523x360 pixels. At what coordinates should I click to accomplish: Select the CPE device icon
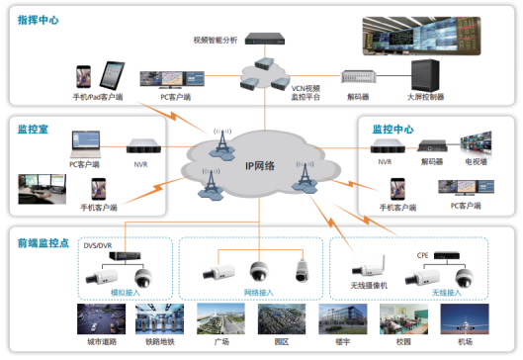pyautogui.click(x=451, y=254)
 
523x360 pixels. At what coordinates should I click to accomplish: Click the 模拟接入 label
pyautogui.click(x=125, y=294)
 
